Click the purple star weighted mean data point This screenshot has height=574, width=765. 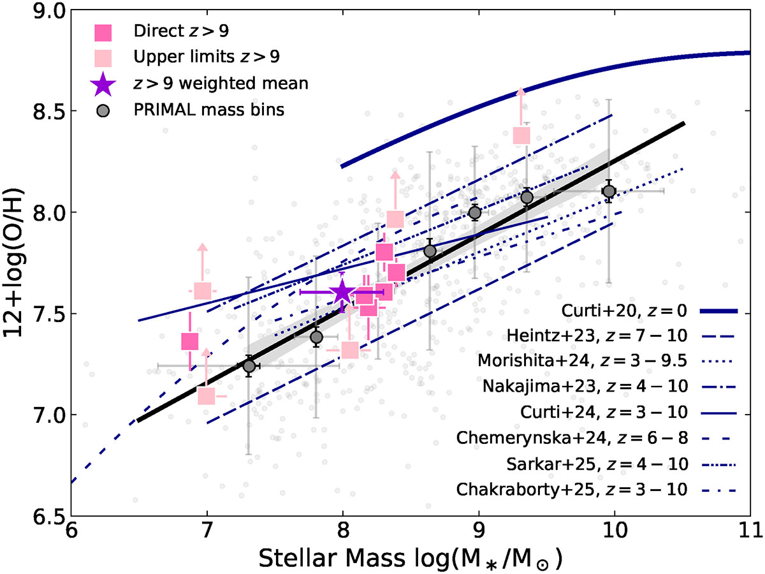[x=342, y=292]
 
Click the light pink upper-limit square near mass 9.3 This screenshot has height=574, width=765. [x=521, y=135]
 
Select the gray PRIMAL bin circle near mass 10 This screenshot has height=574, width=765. [x=609, y=191]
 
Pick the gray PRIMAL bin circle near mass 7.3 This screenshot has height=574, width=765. [x=249, y=365]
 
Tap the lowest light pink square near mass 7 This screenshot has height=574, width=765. [x=206, y=396]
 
